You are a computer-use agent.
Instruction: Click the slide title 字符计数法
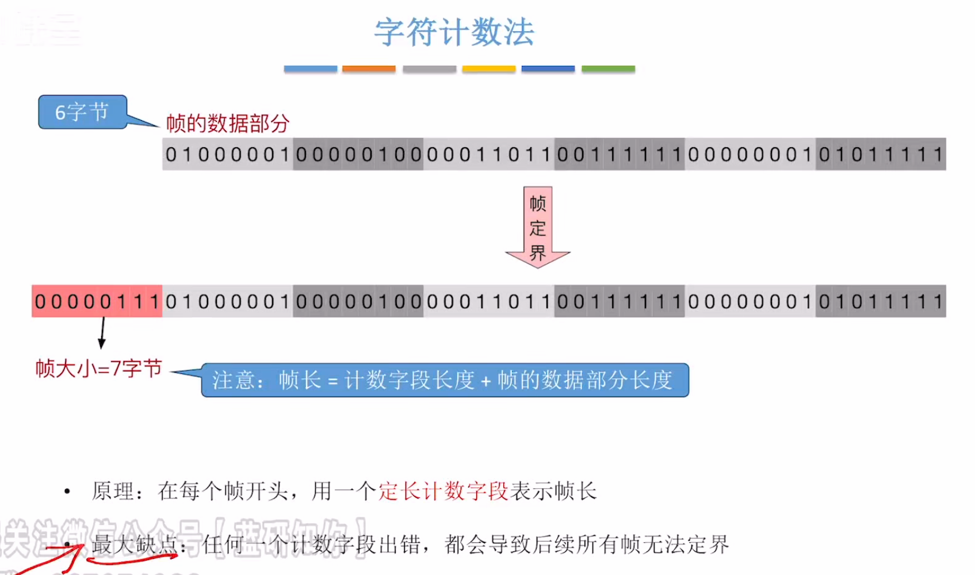click(x=454, y=32)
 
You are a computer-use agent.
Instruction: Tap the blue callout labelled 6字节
click(x=82, y=112)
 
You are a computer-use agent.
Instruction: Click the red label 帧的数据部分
click(x=228, y=124)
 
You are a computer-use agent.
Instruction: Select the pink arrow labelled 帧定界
click(x=538, y=227)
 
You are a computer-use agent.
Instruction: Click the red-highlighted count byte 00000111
click(x=97, y=301)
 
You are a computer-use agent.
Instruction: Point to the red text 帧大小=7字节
click(x=98, y=369)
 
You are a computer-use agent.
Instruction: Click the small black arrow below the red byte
click(x=102, y=333)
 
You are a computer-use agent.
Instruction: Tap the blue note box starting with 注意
click(x=445, y=380)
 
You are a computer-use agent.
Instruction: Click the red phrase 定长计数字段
click(x=443, y=492)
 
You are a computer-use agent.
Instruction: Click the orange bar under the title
click(x=369, y=69)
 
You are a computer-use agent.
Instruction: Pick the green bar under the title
click(x=608, y=69)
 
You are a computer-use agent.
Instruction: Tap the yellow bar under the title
click(x=488, y=69)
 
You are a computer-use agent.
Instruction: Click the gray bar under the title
click(x=429, y=69)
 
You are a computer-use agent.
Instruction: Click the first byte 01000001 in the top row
click(x=228, y=154)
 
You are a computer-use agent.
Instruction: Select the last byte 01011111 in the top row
click(x=881, y=154)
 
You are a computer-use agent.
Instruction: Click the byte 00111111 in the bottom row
click(x=620, y=301)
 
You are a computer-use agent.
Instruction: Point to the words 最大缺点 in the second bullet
click(x=134, y=545)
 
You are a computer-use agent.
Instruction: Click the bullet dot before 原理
click(x=67, y=492)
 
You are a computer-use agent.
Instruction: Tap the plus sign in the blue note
click(x=485, y=381)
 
